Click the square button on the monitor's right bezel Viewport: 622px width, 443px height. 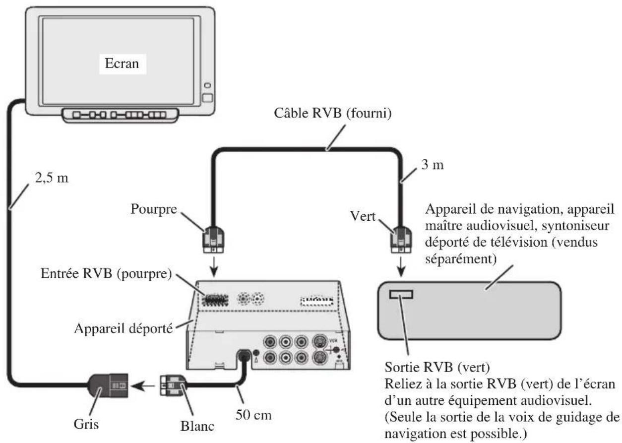click(x=207, y=98)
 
